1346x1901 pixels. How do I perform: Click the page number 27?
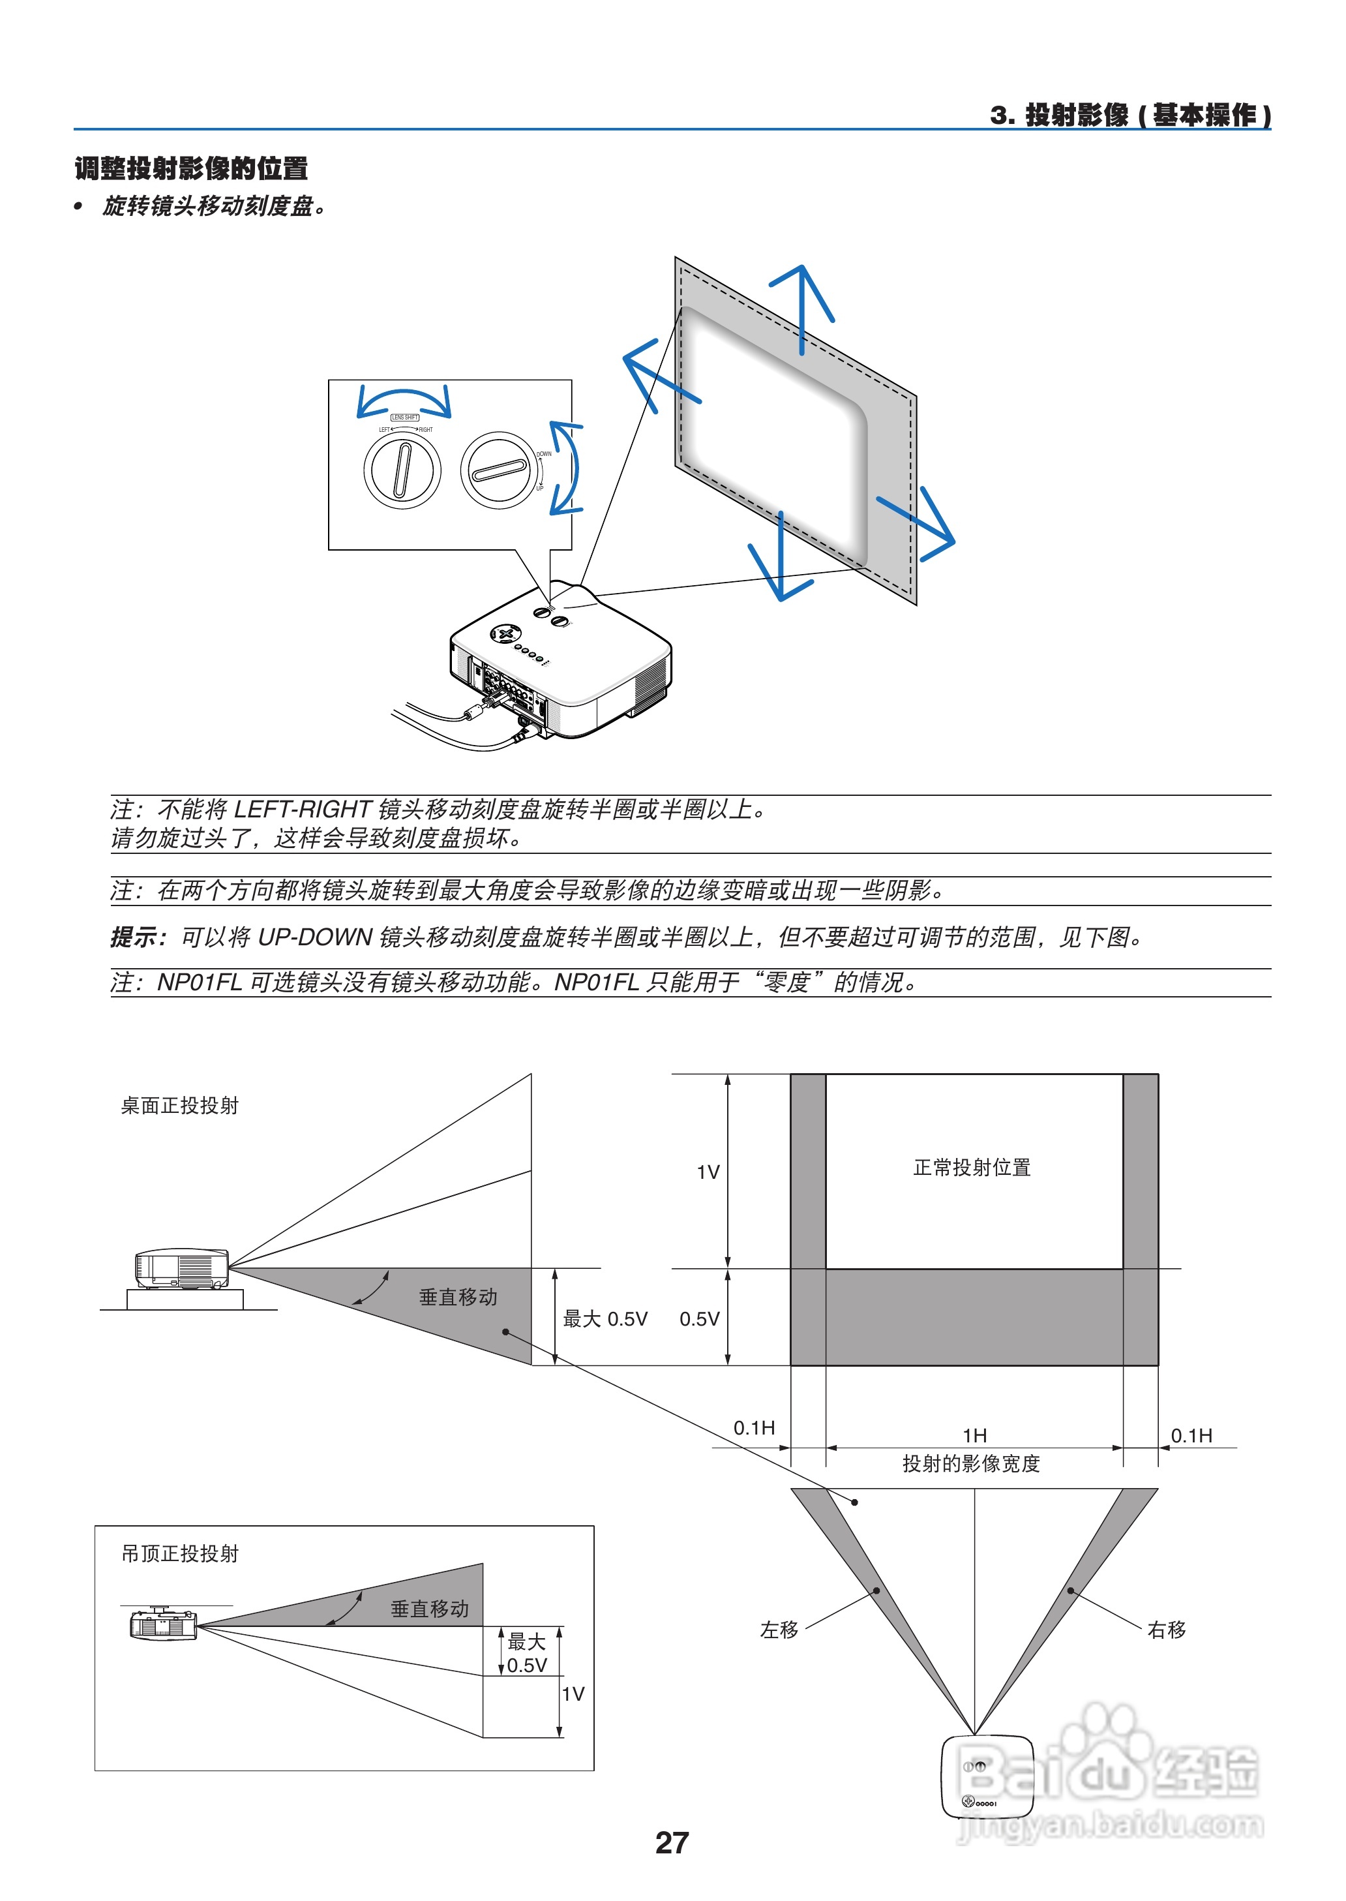671,1842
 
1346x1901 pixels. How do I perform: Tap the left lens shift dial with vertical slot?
402,470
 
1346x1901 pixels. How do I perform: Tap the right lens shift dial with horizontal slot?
499,470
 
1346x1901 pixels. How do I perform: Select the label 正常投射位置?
972,1167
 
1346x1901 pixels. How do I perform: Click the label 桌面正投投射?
179,1106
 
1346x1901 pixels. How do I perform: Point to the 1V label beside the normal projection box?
708,1172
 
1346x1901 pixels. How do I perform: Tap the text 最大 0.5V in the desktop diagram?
605,1319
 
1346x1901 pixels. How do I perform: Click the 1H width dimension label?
975,1435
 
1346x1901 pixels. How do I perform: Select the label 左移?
779,1630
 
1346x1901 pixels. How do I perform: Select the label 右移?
1166,1630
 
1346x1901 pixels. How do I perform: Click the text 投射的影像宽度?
972,1463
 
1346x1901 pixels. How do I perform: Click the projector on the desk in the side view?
181,1268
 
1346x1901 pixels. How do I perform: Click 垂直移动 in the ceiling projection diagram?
429,1608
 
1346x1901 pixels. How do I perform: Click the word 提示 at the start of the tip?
135,937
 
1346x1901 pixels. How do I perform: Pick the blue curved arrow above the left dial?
404,400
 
